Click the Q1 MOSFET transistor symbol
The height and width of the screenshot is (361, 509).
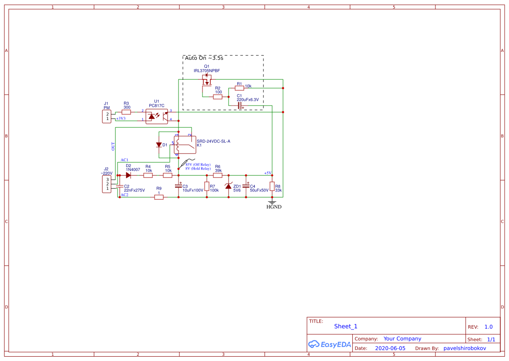coord(207,80)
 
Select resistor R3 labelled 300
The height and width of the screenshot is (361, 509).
coord(126,112)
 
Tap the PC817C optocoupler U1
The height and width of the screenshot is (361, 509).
coord(157,116)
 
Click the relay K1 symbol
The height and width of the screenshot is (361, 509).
coord(185,145)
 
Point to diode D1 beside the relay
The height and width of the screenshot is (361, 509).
coord(159,145)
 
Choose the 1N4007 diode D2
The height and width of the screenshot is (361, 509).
coord(128,175)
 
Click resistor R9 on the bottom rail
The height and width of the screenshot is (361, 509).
coord(159,197)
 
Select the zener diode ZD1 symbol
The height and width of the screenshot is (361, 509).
coord(228,187)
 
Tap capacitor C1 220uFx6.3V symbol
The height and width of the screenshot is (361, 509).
coord(240,105)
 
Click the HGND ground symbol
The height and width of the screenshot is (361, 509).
coord(272,203)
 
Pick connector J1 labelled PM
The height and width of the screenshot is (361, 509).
coord(106,116)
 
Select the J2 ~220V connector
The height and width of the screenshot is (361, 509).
coord(106,184)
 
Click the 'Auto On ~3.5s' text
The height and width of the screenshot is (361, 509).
coord(204,58)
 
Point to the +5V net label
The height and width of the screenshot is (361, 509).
coord(267,173)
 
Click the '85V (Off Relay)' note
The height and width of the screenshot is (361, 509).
coord(198,165)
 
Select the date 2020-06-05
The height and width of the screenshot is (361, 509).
coord(390,348)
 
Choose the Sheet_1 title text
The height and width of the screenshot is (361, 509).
coord(346,326)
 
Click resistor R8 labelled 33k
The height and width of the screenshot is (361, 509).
coord(272,187)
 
